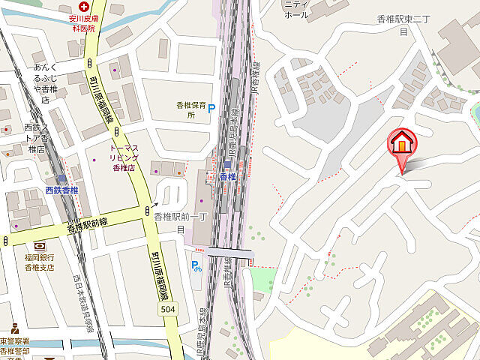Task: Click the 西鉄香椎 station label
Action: [x=61, y=190]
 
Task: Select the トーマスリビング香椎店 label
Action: [x=121, y=156]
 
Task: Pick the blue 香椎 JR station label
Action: [x=228, y=177]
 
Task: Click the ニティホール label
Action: [x=296, y=10]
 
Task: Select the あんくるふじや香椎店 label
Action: [x=50, y=82]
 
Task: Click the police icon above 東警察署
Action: [x=13, y=328]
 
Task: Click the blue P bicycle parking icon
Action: [x=196, y=265]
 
